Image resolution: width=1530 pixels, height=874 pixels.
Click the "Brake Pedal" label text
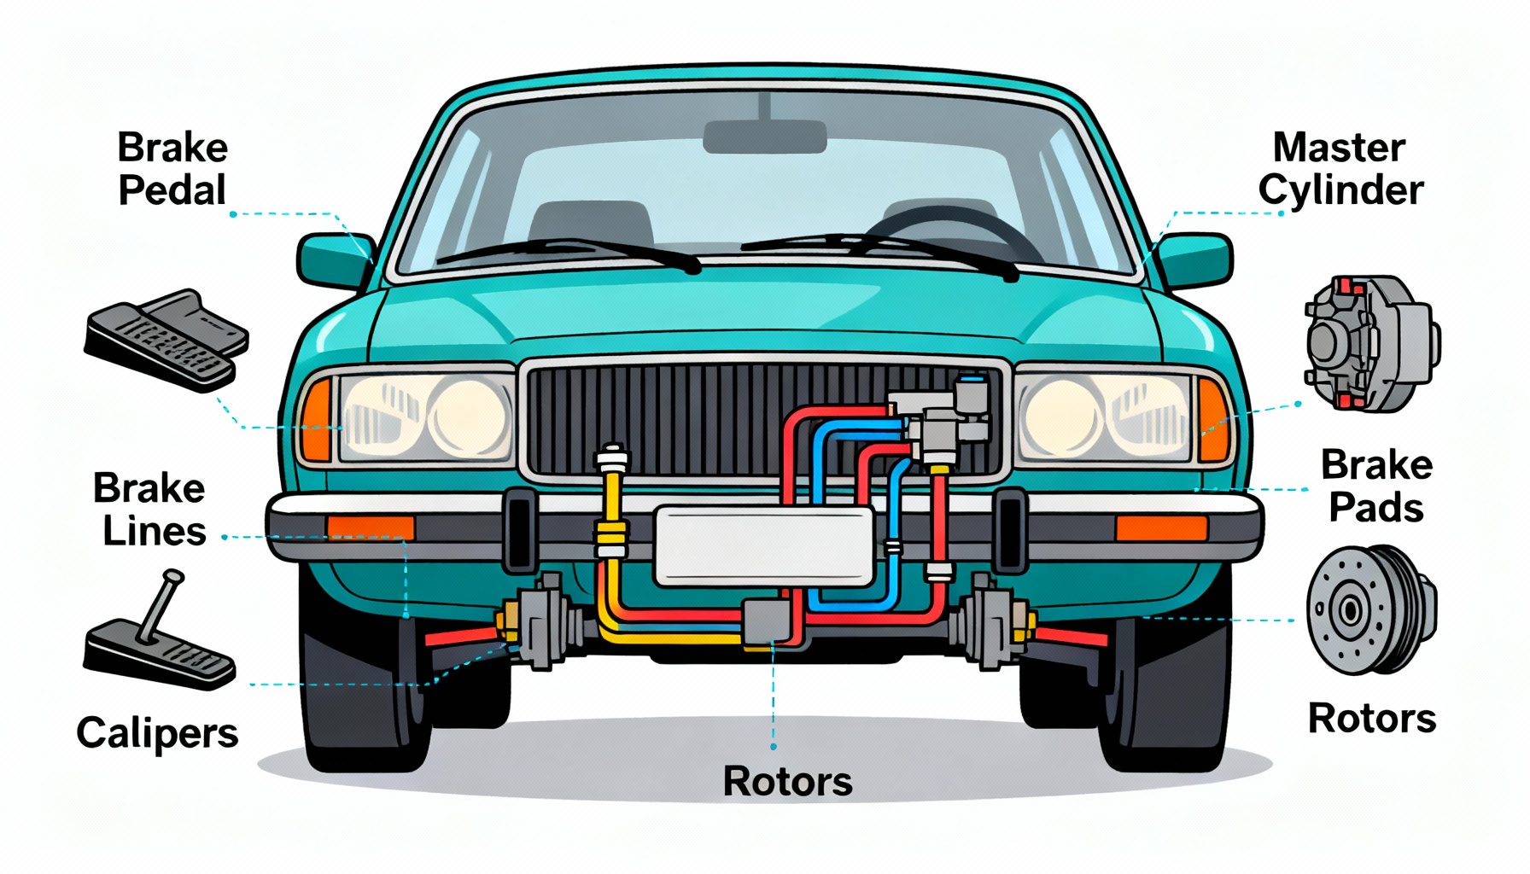[172, 169]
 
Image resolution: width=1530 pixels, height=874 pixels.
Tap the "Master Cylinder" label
[1340, 169]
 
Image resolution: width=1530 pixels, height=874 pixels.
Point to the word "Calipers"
[157, 732]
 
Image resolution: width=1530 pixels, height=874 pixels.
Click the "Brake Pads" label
[1376, 486]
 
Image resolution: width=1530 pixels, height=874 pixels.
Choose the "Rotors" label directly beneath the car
[787, 781]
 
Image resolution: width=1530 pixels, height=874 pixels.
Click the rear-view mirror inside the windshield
[764, 137]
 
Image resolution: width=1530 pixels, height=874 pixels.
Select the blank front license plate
[764, 545]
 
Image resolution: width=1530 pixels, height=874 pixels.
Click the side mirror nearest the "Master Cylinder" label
[1194, 259]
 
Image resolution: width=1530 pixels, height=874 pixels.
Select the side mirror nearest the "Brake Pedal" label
[335, 259]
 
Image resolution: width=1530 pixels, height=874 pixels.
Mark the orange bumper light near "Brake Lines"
[371, 527]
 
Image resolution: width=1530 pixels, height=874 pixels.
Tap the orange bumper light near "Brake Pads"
[1161, 527]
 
